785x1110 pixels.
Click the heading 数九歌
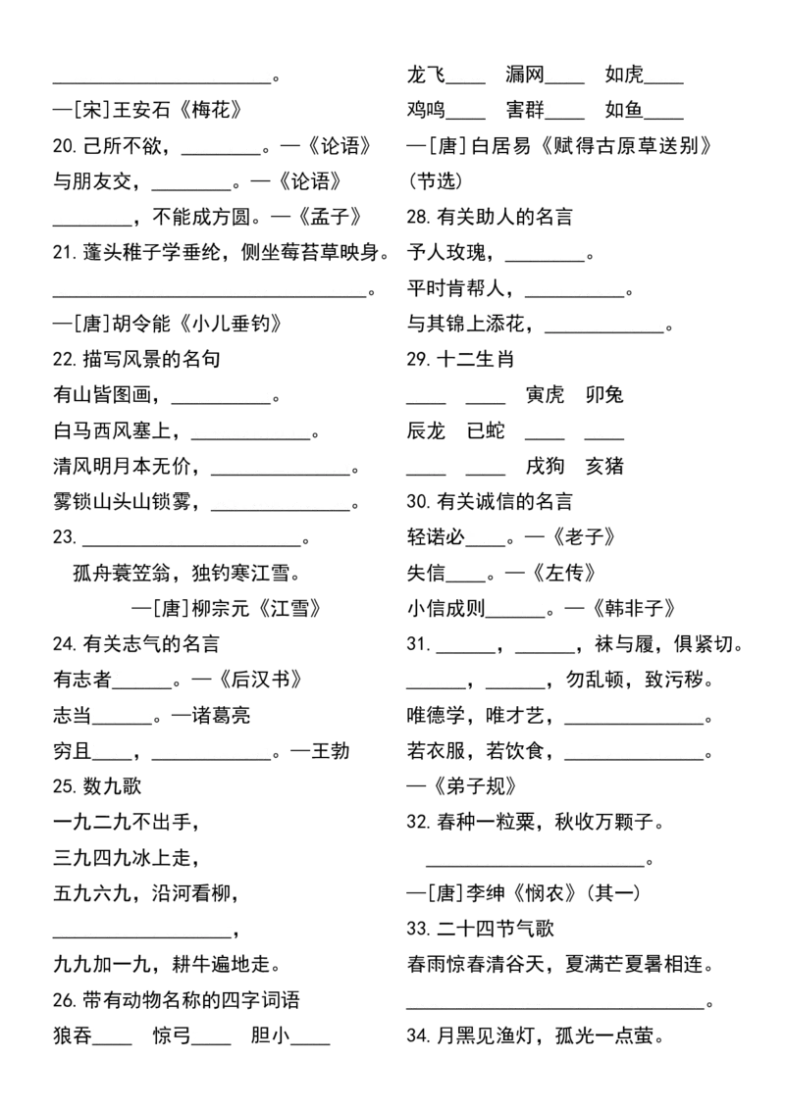(x=113, y=786)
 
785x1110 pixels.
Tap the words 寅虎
(x=545, y=395)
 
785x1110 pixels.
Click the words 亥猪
(x=604, y=466)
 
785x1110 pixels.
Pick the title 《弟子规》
(x=473, y=786)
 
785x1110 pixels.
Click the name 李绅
(x=486, y=893)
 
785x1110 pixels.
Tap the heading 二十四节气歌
(x=496, y=929)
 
